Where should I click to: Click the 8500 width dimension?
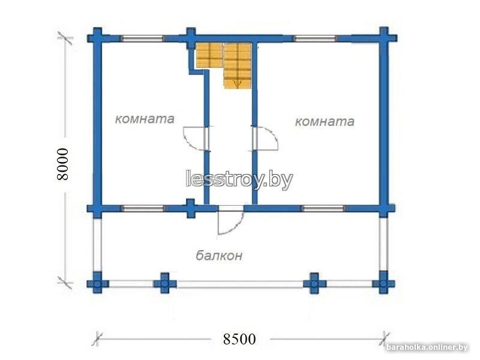[239, 339]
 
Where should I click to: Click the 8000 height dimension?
[63, 164]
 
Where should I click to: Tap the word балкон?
[219, 256]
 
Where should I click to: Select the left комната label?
[145, 119]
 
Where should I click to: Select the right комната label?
[325, 122]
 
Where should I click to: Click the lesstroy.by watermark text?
[239, 179]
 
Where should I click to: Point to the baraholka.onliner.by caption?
[427, 347]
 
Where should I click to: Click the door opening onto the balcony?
[230, 221]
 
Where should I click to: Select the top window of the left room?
[143, 38]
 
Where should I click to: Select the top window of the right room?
[316, 38]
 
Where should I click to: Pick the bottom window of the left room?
[143, 209]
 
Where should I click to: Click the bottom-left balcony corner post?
[97, 283]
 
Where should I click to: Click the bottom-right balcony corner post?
[383, 283]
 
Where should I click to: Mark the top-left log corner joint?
[97, 38]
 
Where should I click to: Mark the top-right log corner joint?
[385, 38]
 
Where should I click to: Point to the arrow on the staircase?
[238, 83]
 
